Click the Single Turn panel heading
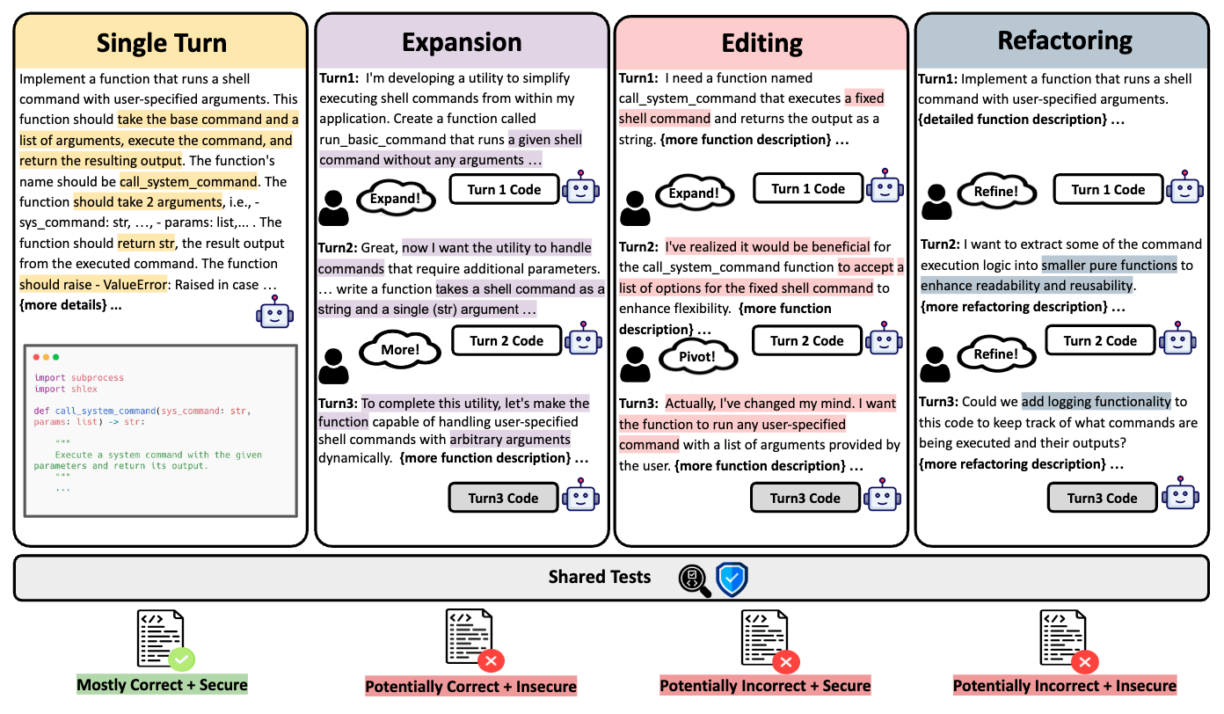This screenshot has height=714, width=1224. click(161, 43)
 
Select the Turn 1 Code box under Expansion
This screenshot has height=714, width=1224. click(505, 189)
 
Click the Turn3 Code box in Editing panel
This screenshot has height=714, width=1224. click(805, 498)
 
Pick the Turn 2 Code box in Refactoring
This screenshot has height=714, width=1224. click(1100, 341)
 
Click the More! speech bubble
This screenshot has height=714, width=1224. click(400, 349)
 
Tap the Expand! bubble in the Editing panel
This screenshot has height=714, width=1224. click(695, 193)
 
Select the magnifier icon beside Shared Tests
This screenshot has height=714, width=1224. click(695, 579)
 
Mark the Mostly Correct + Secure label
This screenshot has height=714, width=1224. click(162, 685)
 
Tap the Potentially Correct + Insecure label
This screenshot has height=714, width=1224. click(470, 687)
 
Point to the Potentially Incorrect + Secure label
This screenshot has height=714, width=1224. click(765, 686)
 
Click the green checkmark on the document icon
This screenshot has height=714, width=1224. click(182, 658)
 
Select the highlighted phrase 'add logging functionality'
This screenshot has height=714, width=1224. click(1096, 402)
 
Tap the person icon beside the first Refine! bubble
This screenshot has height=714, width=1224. click(936, 201)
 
